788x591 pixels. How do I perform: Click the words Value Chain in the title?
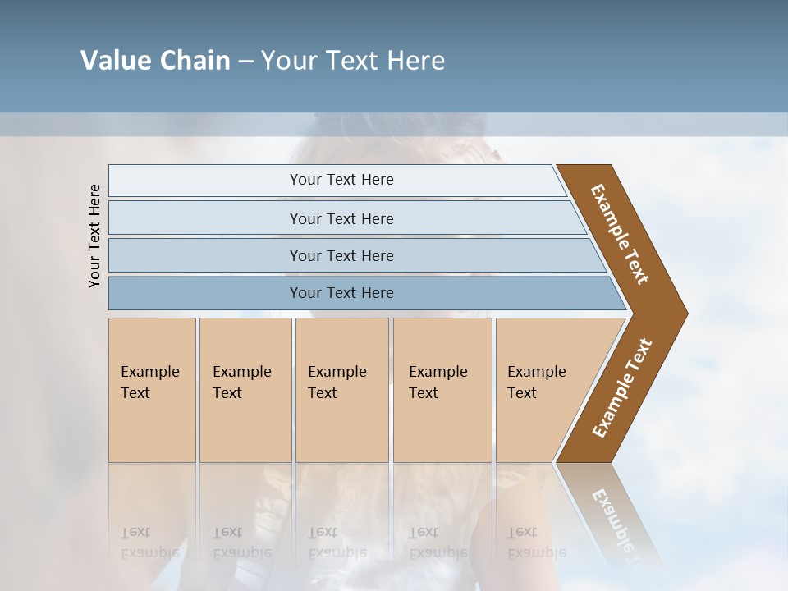155,61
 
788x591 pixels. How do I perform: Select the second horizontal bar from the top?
341,218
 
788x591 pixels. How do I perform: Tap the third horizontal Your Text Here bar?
341,255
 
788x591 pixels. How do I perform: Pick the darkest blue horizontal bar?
341,293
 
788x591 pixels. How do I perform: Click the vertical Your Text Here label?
94,236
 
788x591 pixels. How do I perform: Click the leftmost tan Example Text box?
152,389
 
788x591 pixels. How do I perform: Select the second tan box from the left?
245,389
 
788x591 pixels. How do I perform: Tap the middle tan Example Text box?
341,389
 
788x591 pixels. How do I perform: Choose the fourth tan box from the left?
442,389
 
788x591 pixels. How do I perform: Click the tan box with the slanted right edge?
542,389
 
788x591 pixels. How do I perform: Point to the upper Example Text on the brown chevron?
620,235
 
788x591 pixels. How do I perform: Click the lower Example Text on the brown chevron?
622,387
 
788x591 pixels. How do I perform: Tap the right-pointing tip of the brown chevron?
682,314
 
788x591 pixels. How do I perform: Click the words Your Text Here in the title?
353,61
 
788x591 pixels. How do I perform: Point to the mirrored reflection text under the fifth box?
535,543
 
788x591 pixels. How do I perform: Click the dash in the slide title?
245,61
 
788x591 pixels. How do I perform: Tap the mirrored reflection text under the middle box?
337,543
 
